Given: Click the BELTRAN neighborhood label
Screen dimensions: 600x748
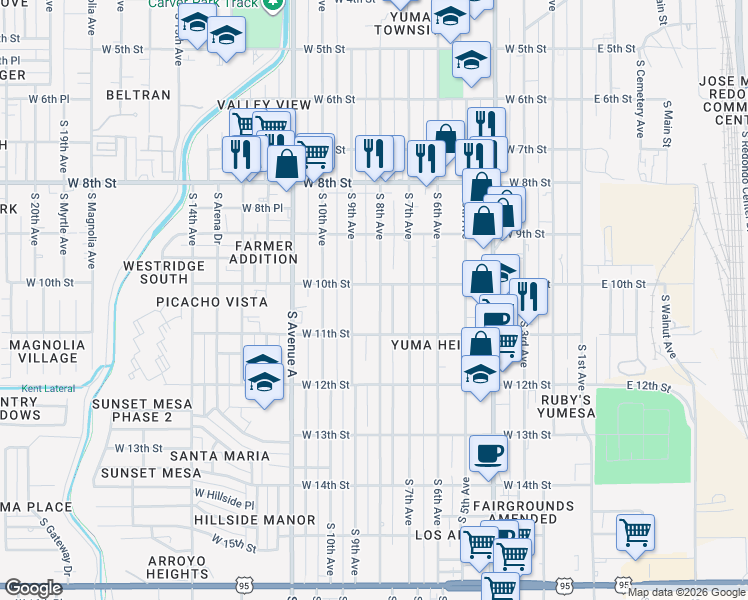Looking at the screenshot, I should pyautogui.click(x=139, y=95).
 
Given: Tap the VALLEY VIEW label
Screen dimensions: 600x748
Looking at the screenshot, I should pyautogui.click(x=271, y=104).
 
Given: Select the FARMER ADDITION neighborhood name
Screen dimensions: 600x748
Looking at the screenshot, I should pyautogui.click(x=264, y=253).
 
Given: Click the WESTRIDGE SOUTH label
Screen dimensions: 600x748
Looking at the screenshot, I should pyautogui.click(x=163, y=273).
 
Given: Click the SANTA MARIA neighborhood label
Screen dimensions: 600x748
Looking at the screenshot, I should pyautogui.click(x=221, y=456).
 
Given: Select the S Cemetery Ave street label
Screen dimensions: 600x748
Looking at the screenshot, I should pyautogui.click(x=640, y=105).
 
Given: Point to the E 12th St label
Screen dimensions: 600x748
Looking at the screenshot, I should pyautogui.click(x=646, y=385).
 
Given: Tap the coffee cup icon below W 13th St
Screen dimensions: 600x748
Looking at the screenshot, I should pyautogui.click(x=488, y=453).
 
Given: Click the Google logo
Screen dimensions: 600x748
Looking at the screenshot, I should pyautogui.click(x=34, y=588).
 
